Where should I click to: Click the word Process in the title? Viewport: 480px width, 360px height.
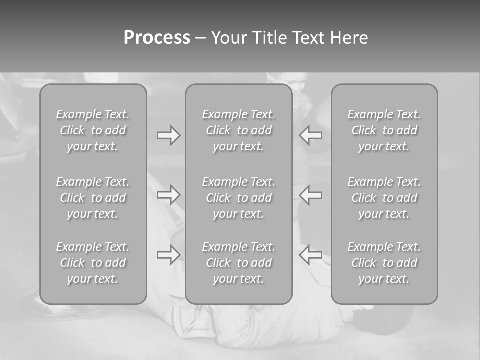tap(157, 38)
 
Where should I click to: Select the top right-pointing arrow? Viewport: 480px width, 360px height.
tap(169, 135)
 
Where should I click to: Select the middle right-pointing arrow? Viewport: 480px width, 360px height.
tap(169, 195)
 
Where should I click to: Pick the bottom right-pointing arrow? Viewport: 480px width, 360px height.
tap(169, 255)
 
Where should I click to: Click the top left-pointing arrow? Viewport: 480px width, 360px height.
tap(311, 135)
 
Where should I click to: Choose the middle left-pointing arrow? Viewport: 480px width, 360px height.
tap(311, 195)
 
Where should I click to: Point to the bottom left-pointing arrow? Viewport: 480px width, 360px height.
tap(311, 255)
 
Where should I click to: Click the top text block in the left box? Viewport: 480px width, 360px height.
tap(93, 130)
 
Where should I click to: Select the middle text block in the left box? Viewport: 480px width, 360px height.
tap(93, 198)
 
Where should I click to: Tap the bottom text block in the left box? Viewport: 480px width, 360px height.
tap(93, 263)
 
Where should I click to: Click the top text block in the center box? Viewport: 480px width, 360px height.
tap(238, 130)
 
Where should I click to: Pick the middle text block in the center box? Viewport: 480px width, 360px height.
tap(238, 198)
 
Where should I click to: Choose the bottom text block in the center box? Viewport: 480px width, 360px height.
tap(238, 263)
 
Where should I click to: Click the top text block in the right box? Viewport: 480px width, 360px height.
tap(384, 130)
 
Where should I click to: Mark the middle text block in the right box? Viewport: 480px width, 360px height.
tap(384, 198)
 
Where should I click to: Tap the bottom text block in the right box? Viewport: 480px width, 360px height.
tap(384, 263)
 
